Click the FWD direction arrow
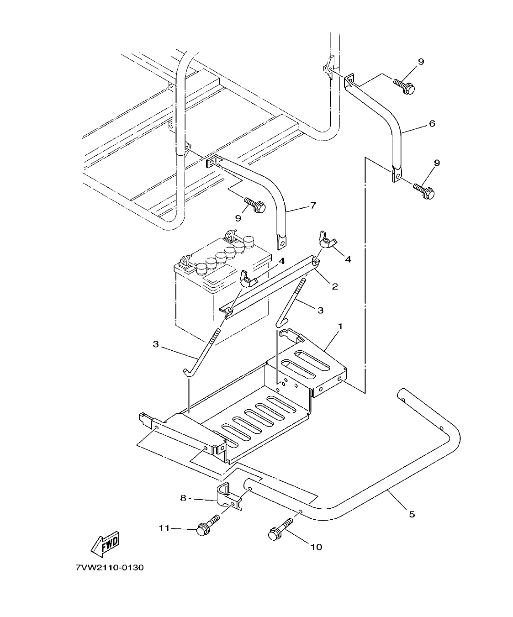[x=106, y=543]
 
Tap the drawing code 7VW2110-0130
[x=110, y=568]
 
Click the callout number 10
[x=316, y=547]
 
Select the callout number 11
[x=164, y=528]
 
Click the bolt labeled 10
[x=280, y=530]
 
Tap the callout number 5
[x=412, y=514]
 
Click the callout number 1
[x=340, y=327]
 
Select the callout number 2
[x=334, y=286]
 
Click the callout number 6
[x=432, y=123]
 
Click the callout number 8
[x=183, y=498]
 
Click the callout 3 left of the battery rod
[x=156, y=344]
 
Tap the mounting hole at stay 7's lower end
[x=282, y=242]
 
